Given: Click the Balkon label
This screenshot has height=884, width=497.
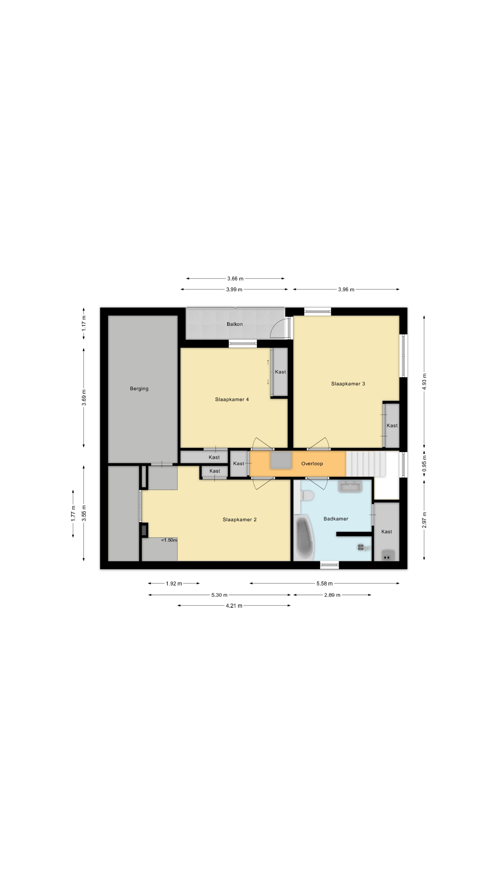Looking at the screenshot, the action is coord(235,324).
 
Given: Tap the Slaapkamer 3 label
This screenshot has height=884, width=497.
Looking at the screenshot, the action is coord(348,384).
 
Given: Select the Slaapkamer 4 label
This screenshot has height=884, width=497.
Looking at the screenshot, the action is coord(232,399).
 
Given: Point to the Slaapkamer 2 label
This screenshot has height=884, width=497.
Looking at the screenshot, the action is coord(239,520).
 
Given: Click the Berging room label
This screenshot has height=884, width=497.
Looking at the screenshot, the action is coord(139,389).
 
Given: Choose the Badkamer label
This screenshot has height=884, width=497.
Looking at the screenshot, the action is coord(336,519).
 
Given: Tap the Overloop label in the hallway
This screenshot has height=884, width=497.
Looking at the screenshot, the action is coord(312,464).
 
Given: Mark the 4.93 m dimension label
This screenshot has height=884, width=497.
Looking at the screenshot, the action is coord(424,382).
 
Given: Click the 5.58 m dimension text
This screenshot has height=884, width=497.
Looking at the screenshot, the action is coord(324,583).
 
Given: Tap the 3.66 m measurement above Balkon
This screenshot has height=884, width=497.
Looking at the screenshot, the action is coord(235,279).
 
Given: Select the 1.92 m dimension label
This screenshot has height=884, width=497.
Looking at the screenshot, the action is coord(174,583).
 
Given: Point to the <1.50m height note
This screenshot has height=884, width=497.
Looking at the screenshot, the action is coord(169,540).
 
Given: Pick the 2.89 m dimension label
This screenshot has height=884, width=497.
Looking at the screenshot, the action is coord(332,595).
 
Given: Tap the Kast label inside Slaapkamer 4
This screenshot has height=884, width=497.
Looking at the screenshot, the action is coord(280,372).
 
